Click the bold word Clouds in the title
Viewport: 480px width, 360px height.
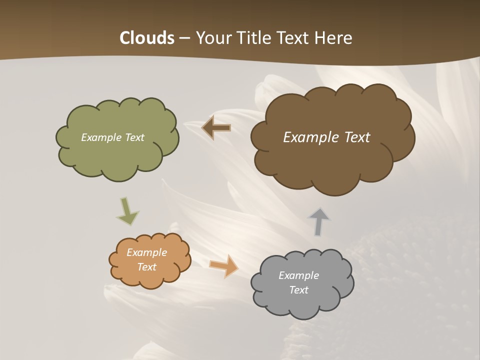(x=147, y=38)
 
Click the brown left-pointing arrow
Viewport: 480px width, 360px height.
(x=215, y=128)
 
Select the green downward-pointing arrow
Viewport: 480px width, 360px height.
(x=127, y=211)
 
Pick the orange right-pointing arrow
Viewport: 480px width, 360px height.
(x=224, y=265)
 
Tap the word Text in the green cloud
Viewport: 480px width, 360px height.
(x=133, y=137)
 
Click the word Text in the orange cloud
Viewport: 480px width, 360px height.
(x=147, y=267)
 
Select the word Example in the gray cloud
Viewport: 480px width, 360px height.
(x=298, y=275)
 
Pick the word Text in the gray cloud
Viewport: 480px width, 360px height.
(x=298, y=290)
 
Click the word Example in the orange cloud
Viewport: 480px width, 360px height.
(x=147, y=252)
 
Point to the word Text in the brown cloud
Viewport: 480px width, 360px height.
(x=356, y=137)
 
